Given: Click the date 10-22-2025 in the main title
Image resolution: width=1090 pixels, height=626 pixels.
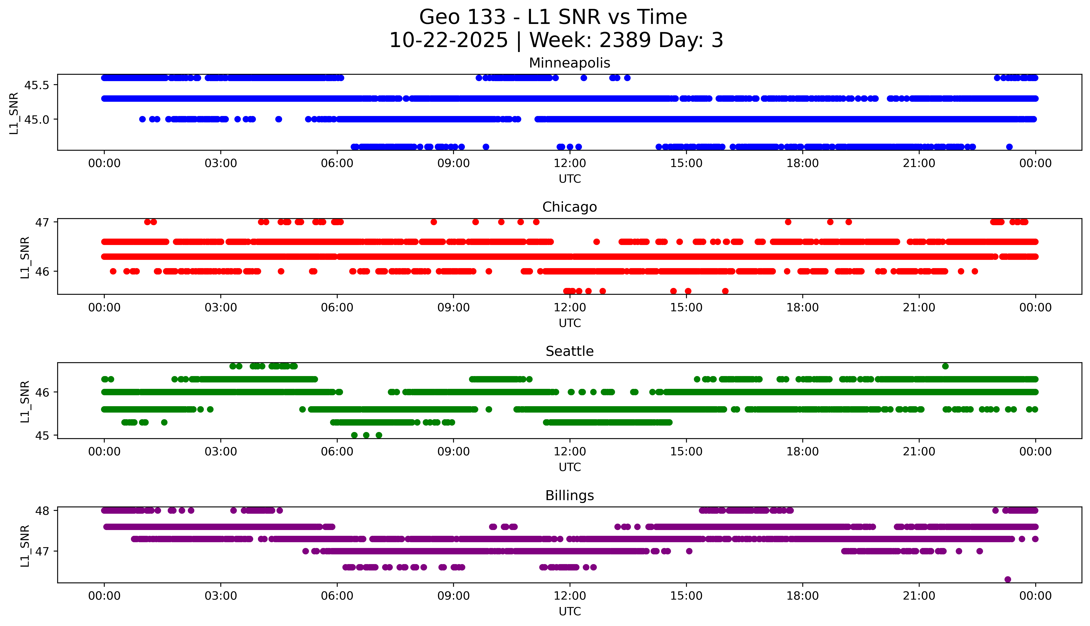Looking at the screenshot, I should tap(448, 40).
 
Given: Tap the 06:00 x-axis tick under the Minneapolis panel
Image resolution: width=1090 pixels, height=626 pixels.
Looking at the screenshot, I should tap(337, 163).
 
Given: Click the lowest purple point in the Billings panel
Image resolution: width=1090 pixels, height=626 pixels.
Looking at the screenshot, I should tap(1007, 579).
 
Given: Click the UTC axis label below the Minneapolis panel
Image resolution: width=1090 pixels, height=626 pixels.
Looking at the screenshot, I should tap(570, 179).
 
